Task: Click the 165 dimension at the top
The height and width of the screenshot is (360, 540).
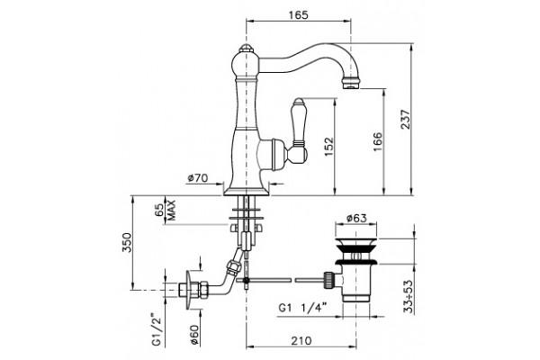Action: click(298, 14)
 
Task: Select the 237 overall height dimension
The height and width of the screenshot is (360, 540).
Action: click(407, 119)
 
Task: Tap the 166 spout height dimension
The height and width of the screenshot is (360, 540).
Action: click(378, 141)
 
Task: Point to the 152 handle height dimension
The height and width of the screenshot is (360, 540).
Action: click(329, 147)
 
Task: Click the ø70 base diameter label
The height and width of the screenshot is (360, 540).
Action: click(198, 178)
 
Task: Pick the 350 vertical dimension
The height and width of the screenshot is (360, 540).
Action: click(126, 242)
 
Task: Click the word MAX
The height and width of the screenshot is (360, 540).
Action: click(171, 210)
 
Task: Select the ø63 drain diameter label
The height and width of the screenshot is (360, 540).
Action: click(356, 218)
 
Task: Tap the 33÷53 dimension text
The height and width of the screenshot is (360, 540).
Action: click(408, 296)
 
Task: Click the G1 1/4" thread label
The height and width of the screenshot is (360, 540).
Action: click(302, 308)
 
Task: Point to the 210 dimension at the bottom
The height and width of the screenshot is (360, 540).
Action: click(301, 341)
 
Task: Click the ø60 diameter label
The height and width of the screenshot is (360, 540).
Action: click(194, 335)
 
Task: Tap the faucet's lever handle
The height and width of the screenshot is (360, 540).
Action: click(298, 130)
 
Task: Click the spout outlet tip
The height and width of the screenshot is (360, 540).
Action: click(352, 84)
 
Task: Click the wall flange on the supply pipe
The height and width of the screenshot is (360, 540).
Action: click(189, 290)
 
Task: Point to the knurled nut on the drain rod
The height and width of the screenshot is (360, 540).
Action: click(328, 280)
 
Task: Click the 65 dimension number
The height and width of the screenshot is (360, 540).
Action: click(159, 210)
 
